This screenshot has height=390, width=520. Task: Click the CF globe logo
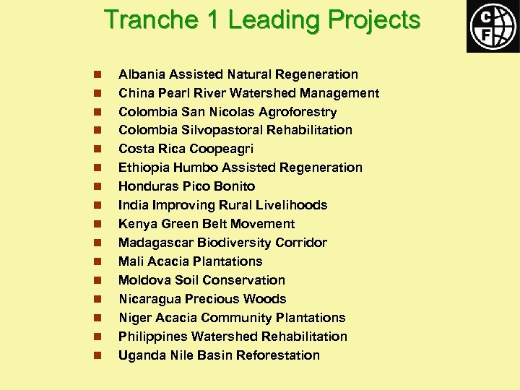(492, 25)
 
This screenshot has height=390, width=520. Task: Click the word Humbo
(194, 168)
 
